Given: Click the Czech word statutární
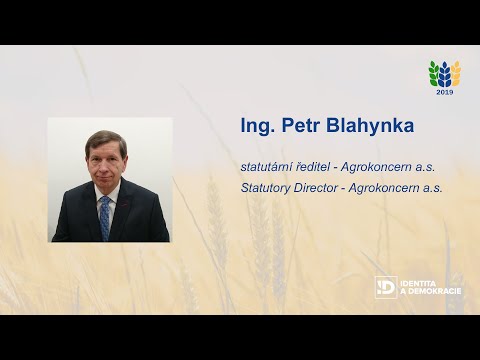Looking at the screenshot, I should pyautogui.click(x=268, y=167).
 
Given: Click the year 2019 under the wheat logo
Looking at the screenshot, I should pyautogui.click(x=444, y=91).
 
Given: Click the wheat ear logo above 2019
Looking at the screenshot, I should pyautogui.click(x=444, y=73).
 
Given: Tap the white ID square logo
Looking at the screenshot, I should pyautogui.click(x=385, y=287).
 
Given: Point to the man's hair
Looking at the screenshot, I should pyautogui.click(x=106, y=139).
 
